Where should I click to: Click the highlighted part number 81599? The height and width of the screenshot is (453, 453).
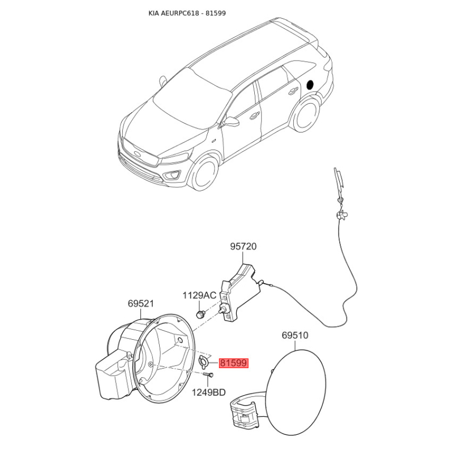[234, 363]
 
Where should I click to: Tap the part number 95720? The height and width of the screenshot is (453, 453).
[243, 246]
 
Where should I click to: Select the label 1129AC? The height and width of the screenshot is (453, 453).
[199, 296]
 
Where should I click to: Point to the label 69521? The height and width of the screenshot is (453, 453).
[141, 304]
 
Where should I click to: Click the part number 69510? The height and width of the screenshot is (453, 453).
[295, 335]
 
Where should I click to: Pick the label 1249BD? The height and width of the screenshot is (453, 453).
[209, 392]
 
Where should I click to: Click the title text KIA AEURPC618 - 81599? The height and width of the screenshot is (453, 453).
[187, 13]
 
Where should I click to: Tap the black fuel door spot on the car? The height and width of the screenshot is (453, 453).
[310, 84]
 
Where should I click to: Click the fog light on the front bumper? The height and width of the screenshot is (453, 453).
[172, 175]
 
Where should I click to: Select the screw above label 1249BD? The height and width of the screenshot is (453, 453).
[208, 375]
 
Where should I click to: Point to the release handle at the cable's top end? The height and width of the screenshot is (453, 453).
[339, 182]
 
